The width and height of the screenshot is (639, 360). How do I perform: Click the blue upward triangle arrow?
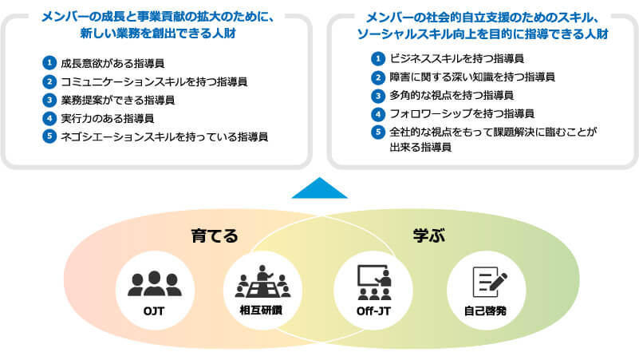[x=320, y=188]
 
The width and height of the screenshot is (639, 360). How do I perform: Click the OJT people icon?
[x=154, y=283]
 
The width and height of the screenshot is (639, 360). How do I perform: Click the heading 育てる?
[x=214, y=235]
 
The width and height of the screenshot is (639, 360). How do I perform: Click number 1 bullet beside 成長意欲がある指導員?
[x=49, y=62]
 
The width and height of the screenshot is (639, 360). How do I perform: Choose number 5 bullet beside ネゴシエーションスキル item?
[x=49, y=136]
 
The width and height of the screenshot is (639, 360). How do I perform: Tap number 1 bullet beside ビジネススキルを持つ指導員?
[x=378, y=58]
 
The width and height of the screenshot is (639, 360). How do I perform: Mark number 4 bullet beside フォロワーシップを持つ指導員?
[x=378, y=113]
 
